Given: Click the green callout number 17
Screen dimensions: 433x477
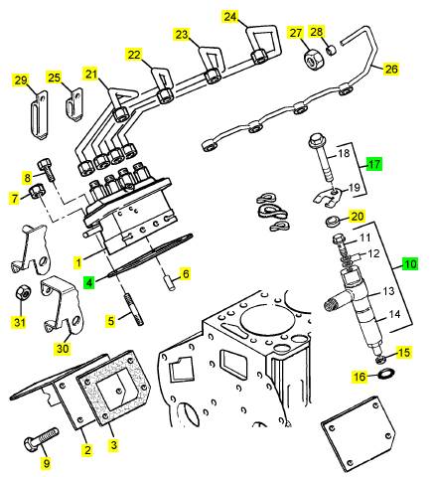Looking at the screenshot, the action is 373,163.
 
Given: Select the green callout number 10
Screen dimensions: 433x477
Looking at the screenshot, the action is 410,264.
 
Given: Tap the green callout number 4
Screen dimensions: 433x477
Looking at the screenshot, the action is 89,283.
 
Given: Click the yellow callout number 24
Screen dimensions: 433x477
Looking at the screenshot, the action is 230,16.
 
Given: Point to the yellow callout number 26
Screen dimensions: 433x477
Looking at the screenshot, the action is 391,69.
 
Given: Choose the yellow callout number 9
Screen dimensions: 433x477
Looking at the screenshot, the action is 47,463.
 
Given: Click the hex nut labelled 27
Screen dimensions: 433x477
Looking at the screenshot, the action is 312,60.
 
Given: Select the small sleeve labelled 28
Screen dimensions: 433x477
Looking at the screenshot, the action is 332,51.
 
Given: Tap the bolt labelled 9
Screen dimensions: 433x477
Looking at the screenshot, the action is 41,439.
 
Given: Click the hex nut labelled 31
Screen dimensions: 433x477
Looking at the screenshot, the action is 22,292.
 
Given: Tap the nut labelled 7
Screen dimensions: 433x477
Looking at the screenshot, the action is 36,193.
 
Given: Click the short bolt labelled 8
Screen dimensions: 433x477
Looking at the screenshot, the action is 46,170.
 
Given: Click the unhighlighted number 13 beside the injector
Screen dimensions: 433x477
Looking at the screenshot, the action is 388,291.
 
